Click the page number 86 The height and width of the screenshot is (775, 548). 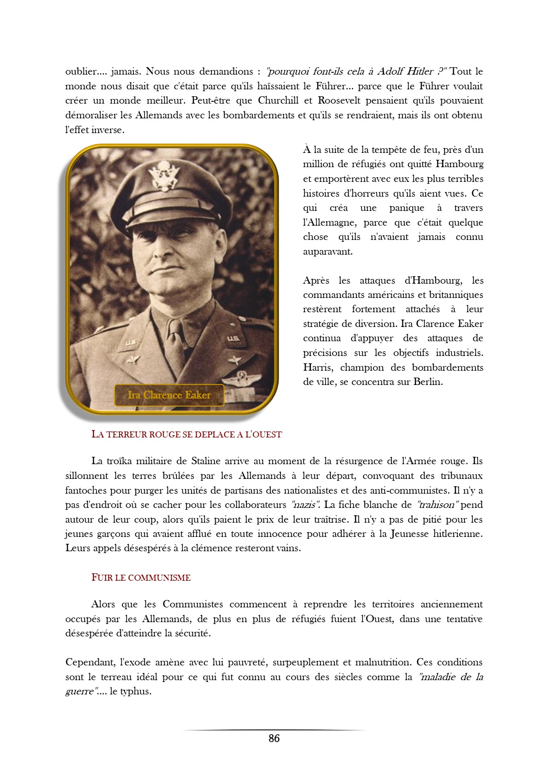(x=274, y=738)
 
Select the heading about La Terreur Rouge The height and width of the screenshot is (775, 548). (x=187, y=434)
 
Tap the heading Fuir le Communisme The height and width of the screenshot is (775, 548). (x=141, y=577)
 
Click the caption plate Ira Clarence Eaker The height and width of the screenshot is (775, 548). (x=169, y=395)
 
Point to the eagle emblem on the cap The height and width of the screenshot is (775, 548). (x=163, y=175)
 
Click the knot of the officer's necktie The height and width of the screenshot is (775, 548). (x=175, y=328)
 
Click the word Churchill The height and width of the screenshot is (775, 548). (x=279, y=100)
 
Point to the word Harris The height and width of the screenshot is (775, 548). (x=319, y=367)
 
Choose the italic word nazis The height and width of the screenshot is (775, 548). (x=304, y=505)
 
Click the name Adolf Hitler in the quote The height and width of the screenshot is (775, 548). (x=405, y=71)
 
